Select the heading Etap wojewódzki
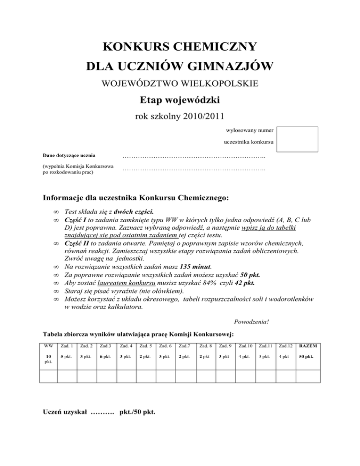[180, 100]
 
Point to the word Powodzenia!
[251, 322]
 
